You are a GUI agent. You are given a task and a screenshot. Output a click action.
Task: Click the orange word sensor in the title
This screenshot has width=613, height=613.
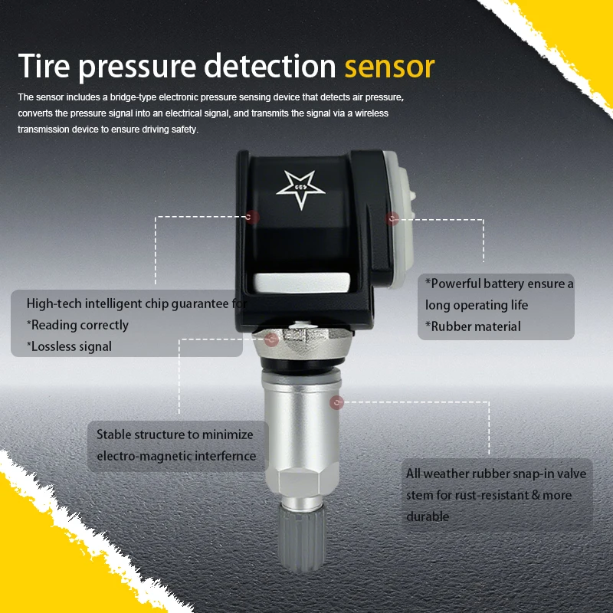389,67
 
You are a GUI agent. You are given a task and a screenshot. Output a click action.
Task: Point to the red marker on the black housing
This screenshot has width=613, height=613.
253,218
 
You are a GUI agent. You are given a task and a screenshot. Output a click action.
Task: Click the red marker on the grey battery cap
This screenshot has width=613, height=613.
393,218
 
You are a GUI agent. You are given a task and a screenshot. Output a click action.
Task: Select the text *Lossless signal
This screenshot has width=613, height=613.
69,346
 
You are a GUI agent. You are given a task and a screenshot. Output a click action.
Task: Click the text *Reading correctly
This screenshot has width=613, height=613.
77,325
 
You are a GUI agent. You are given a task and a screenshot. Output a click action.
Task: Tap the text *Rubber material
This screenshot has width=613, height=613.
473,326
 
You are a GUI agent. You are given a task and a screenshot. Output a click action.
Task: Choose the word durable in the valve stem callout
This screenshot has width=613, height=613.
428,516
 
